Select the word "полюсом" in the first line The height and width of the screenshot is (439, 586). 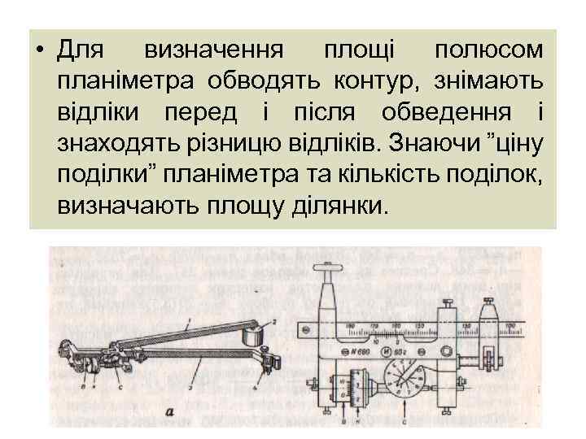[487, 51]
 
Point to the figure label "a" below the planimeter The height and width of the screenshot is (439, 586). [169, 413]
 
